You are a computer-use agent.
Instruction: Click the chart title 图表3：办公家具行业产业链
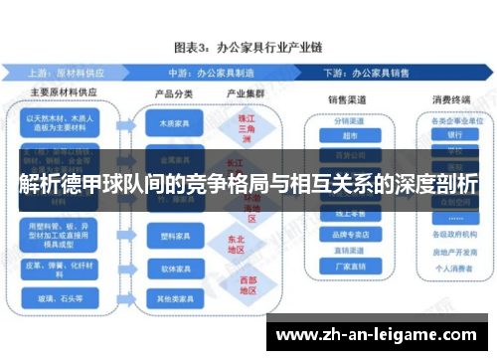[x=248, y=46]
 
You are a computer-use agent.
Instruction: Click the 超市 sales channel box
[x=348, y=137]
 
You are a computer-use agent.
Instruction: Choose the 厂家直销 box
[x=348, y=267]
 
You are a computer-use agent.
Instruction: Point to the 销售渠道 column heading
[x=350, y=99]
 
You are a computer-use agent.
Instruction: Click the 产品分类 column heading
[x=171, y=93]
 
